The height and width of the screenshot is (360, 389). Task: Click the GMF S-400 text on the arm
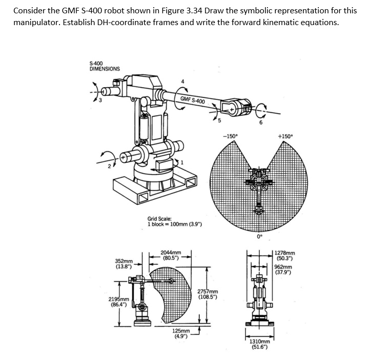[193, 99]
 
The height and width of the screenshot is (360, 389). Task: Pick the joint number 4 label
[181, 81]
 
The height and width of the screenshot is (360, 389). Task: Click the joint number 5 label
[218, 121]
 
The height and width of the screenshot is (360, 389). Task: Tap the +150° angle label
[285, 137]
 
